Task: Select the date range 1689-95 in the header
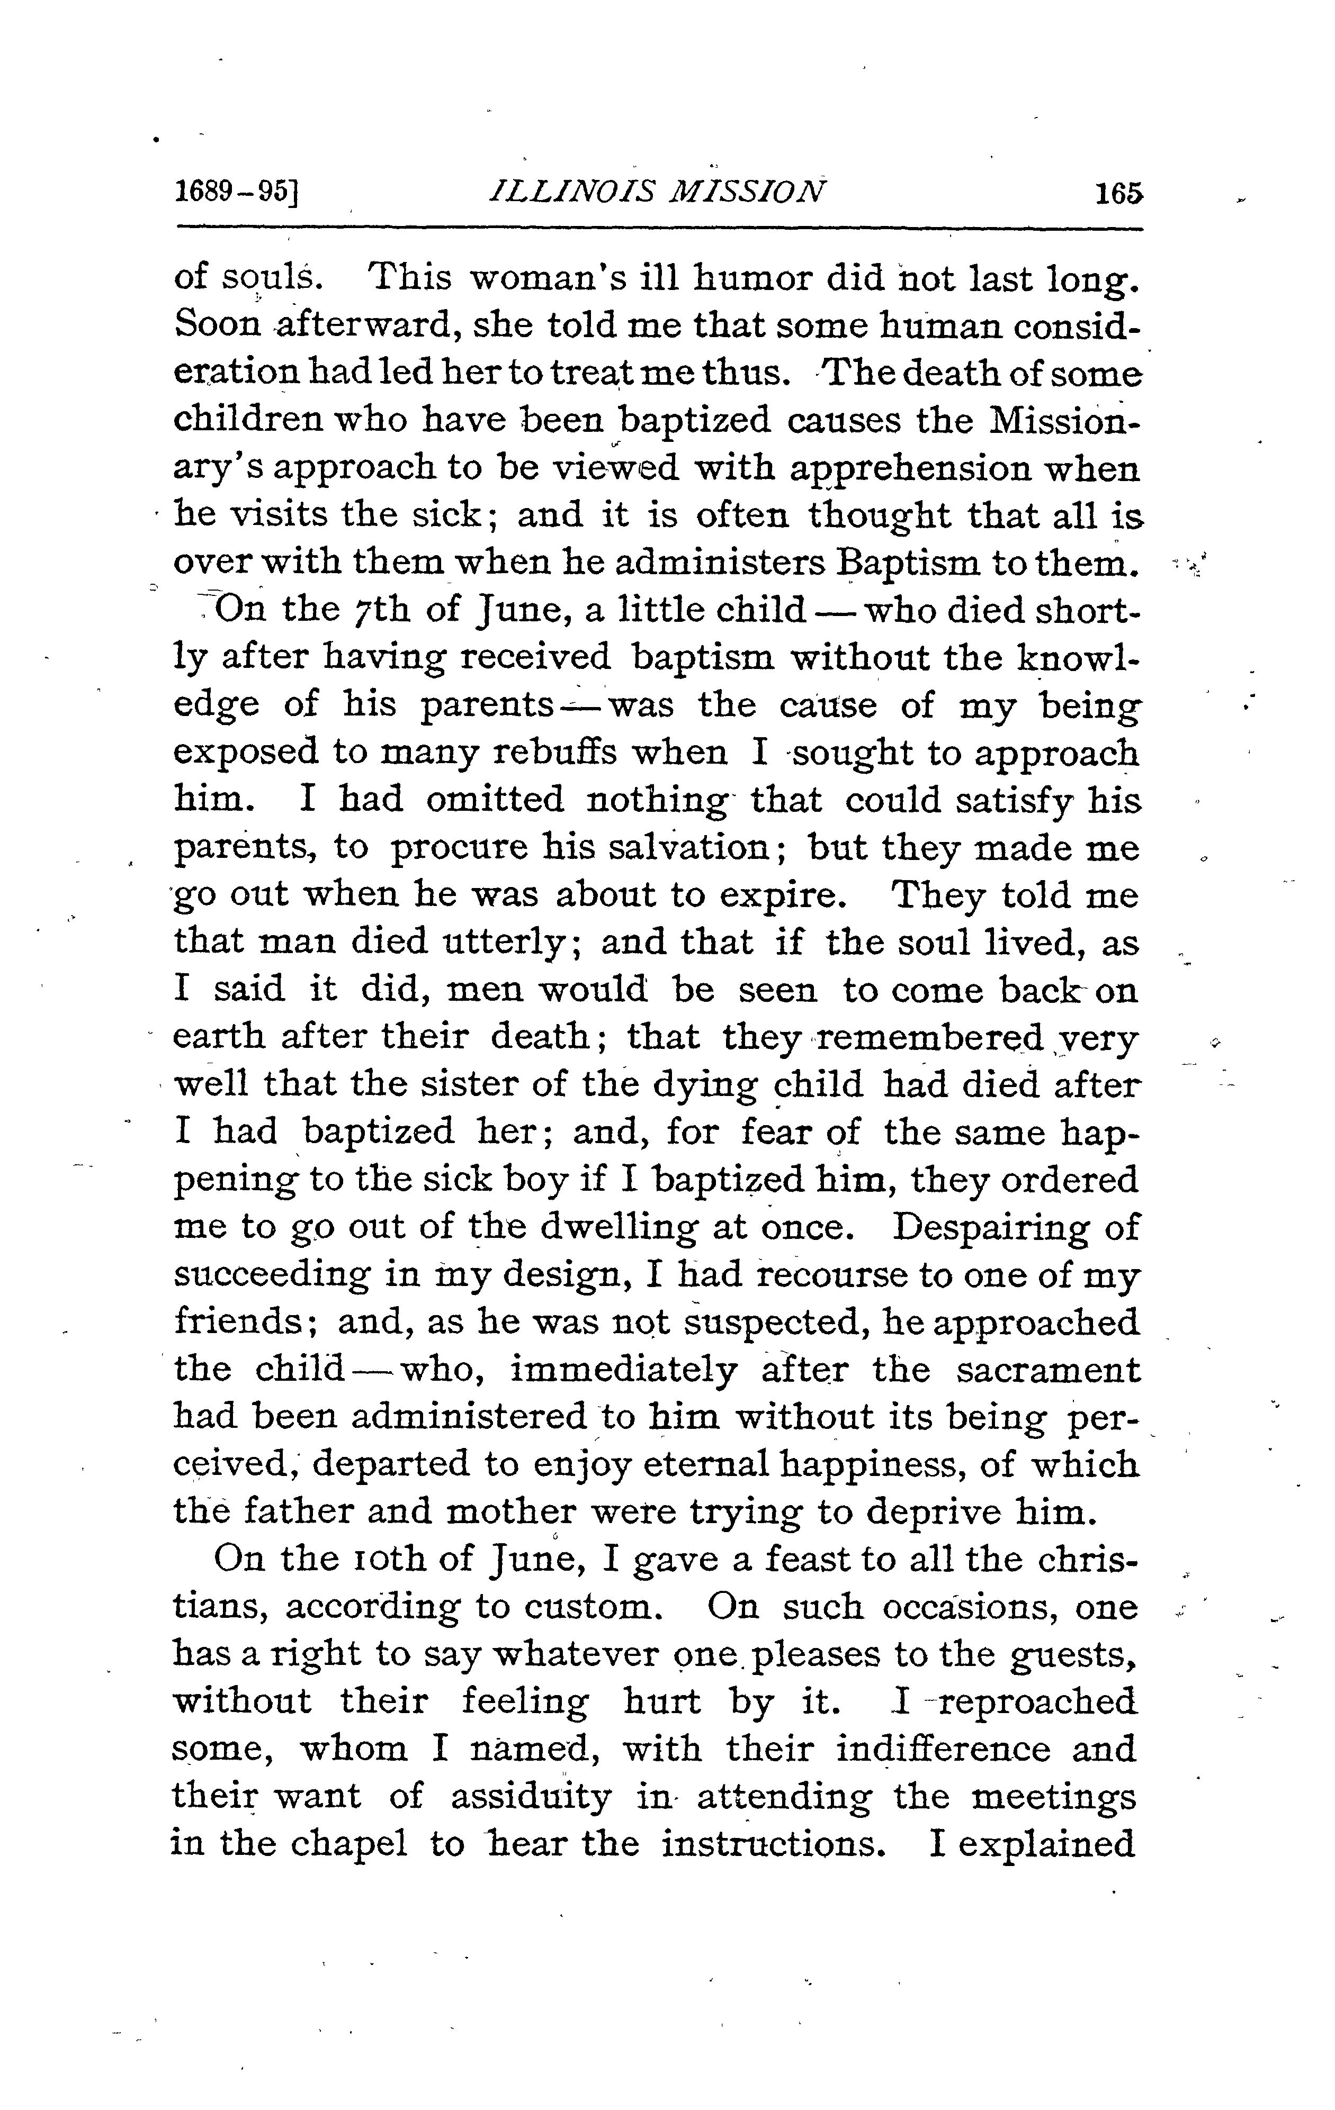[x=237, y=193]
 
